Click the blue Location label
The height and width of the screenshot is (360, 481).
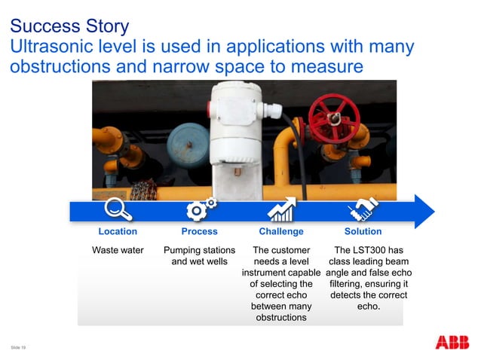(118, 232)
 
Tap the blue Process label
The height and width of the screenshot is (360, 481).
(199, 232)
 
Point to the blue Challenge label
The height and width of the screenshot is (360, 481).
(281, 232)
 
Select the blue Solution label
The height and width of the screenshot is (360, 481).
(363, 232)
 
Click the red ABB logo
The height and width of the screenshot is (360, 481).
(452, 343)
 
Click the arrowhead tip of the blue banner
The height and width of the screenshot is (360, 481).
(433, 210)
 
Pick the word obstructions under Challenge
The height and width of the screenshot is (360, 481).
(280, 318)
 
